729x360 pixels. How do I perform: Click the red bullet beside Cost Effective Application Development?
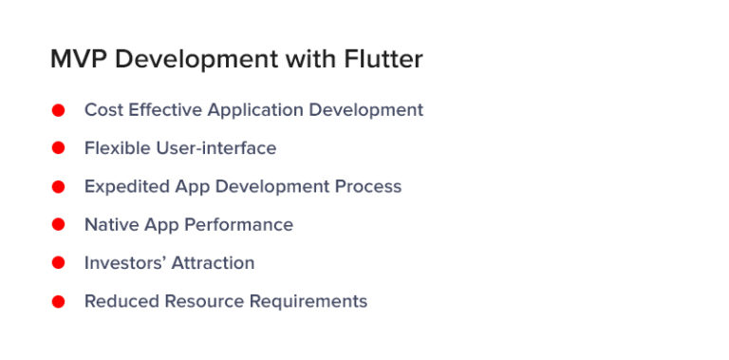(58, 110)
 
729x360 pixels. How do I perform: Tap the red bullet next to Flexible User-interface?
(58, 148)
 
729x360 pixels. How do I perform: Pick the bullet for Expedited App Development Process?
(58, 187)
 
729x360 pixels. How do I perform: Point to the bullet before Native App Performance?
(58, 225)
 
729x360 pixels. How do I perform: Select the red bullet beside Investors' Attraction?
(58, 263)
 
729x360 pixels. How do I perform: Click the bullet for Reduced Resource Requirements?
(58, 302)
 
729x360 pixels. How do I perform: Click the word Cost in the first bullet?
(103, 110)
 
